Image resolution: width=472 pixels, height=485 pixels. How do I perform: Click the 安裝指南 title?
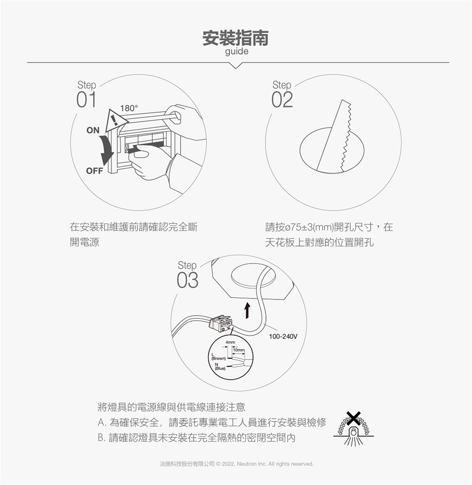tap(236, 38)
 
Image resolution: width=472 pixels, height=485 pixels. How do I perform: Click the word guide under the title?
tap(236, 52)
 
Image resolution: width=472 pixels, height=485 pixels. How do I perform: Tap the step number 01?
tap(86, 100)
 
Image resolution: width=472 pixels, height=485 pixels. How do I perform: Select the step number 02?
tap(282, 100)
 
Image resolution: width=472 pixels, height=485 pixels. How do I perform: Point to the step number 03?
tap(187, 281)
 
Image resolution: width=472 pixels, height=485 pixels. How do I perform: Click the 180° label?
tap(129, 108)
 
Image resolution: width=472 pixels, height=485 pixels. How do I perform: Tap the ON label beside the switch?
tap(93, 130)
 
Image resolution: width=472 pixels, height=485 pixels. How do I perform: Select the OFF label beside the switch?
tap(94, 171)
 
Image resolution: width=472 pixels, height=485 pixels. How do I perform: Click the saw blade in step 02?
tap(334, 135)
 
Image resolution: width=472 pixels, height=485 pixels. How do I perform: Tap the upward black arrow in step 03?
tap(247, 310)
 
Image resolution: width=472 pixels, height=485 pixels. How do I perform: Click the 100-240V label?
tap(283, 336)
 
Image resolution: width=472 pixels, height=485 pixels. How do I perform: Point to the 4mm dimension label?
tap(230, 342)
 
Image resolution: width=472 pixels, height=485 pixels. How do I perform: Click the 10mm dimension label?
tap(239, 350)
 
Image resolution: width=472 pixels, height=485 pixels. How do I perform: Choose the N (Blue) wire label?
tap(220, 366)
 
